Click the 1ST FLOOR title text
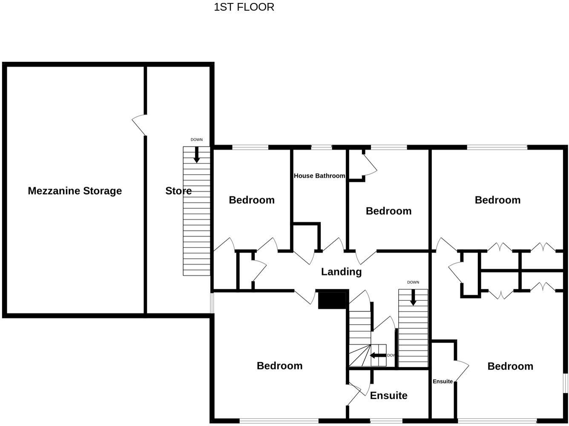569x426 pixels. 244,7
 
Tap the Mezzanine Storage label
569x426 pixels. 75,191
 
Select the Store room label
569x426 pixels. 178,191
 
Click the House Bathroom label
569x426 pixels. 319,176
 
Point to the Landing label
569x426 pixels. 341,271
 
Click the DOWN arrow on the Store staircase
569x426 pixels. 197,155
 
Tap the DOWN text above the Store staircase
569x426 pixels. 197,140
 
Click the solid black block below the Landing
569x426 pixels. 332,300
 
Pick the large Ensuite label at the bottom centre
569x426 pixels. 388,395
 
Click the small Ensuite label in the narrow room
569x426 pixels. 443,381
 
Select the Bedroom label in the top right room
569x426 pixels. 497,200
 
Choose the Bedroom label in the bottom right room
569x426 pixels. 510,366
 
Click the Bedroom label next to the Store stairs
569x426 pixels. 252,200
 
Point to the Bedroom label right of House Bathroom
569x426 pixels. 388,211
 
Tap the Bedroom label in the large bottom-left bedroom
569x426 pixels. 279,366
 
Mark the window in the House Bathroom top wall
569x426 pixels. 322,147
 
